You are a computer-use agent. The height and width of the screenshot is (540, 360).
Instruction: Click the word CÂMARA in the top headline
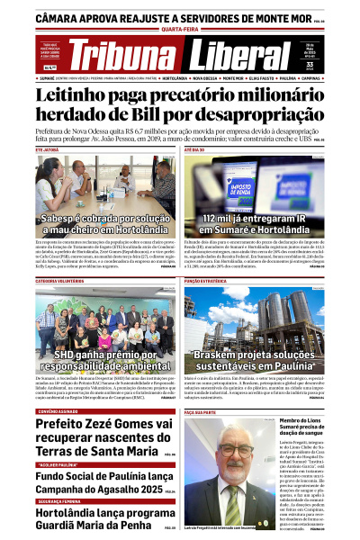(64, 17)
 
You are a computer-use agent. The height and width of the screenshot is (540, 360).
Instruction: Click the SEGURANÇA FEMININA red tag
(61, 501)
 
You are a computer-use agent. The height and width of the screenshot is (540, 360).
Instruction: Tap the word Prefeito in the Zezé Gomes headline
(63, 426)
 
